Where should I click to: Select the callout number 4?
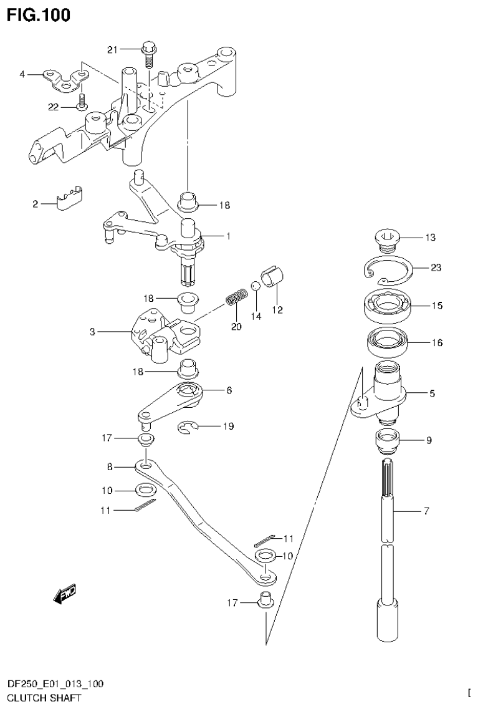tap(22, 74)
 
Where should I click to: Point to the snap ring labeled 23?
tap(387, 269)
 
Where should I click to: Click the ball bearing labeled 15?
tap(387, 306)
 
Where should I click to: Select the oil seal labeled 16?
tap(386, 342)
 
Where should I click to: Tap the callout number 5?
tap(432, 393)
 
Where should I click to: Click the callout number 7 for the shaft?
tap(426, 511)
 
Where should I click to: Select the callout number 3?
tap(92, 332)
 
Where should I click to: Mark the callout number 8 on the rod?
tap(110, 466)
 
